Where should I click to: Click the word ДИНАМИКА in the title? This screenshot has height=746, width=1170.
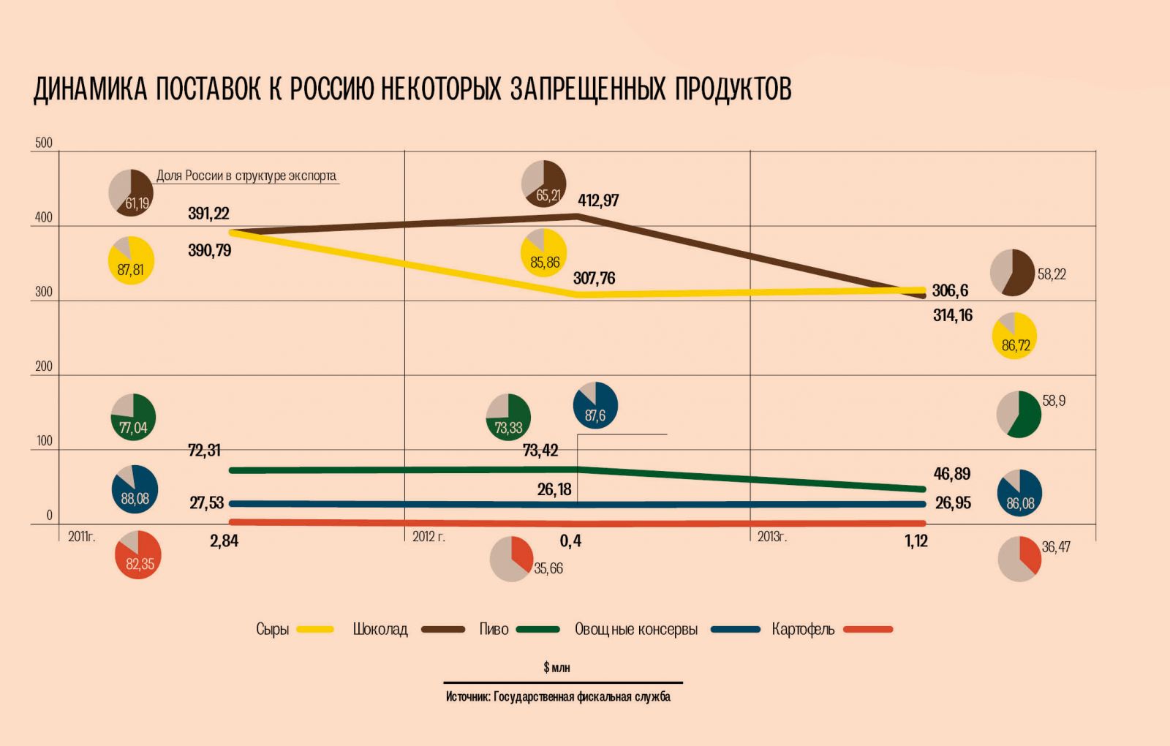pos(91,89)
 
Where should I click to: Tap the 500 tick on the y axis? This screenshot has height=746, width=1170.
pos(44,143)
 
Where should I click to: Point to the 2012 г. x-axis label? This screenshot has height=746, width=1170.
pos(429,537)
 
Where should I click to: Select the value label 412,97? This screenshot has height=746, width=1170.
pos(598,200)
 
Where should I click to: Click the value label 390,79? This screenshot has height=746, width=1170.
pos(209,250)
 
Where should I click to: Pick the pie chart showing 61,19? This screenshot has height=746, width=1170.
pos(131,192)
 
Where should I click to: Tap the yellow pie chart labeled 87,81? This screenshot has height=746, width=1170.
pos(131,260)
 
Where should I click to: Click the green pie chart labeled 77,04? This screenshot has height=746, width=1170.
pos(133,417)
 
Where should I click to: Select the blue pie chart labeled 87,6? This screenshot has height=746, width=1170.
pos(595,404)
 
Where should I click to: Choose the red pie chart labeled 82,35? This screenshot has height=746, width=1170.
pos(138,555)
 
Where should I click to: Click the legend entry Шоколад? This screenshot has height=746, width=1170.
pos(380,629)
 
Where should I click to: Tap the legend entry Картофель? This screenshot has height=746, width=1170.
pos(803,629)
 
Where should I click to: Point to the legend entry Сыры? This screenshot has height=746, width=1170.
pos(273,629)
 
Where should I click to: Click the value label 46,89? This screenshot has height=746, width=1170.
pos(951,474)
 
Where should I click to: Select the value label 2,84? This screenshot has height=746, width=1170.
pos(224,541)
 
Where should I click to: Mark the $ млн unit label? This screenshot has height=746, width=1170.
pos(556,667)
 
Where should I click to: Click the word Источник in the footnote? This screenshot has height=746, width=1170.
pos(467,696)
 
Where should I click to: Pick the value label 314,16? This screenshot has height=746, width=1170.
pos(952,315)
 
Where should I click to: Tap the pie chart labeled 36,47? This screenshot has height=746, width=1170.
pos(1019,559)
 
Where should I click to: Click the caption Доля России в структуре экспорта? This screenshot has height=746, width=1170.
pos(246,176)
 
